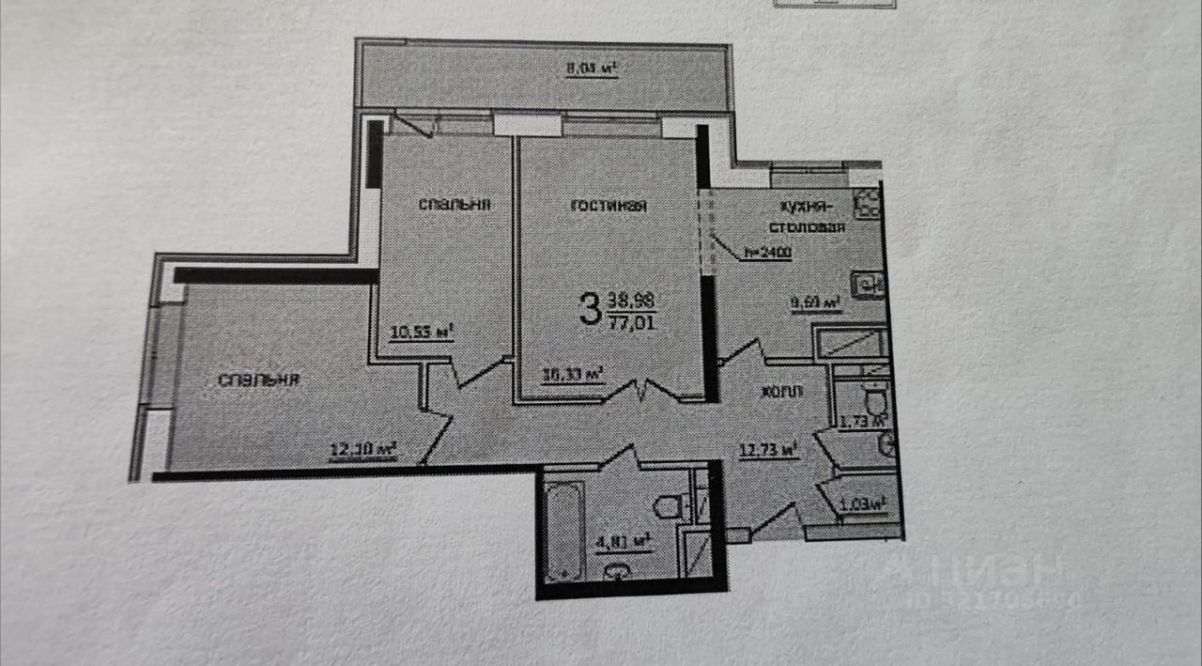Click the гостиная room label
[x=609, y=206]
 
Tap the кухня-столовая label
[x=809, y=217]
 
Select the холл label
[x=781, y=393]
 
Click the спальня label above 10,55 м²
[x=457, y=204]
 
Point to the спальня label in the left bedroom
[x=259, y=379]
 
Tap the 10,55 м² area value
[x=422, y=330]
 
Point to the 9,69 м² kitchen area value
[x=815, y=302]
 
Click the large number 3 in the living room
[x=590, y=308]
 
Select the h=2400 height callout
[x=767, y=252]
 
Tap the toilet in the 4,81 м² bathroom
[x=669, y=508]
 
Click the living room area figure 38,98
[x=632, y=300]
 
